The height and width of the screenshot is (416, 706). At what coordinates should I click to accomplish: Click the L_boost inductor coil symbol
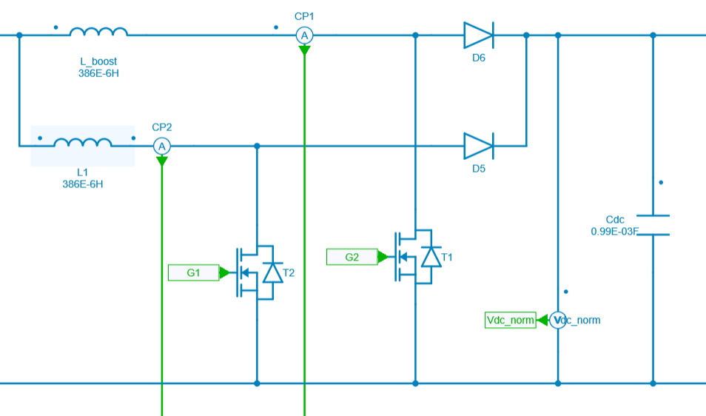tap(98, 33)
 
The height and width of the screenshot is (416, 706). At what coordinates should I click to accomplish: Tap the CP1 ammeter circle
tap(304, 35)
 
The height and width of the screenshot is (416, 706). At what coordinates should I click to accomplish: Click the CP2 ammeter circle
tap(162, 147)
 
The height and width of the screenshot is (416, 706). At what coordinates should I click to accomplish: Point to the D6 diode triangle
tap(478, 35)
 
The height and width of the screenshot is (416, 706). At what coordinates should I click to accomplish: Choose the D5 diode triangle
tap(478, 146)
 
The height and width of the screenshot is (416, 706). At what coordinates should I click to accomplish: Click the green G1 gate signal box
tap(194, 273)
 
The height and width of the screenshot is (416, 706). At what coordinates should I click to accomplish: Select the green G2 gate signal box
tap(352, 257)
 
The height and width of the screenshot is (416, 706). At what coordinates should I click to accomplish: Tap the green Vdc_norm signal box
tap(511, 320)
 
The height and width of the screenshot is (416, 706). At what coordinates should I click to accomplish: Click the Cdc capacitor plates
tap(653, 225)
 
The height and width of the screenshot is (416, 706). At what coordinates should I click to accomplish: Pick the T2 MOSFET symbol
tap(256, 273)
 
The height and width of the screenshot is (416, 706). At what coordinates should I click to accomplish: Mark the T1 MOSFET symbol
tap(414, 257)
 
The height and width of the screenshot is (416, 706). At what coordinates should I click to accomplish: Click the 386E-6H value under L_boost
tap(98, 73)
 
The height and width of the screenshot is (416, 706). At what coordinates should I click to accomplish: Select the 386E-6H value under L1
tap(83, 184)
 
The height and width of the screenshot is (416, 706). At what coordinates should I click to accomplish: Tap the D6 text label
tap(478, 58)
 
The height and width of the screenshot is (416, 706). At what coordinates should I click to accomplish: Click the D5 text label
tap(478, 169)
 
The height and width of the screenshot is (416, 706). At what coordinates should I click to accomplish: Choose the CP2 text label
tap(162, 127)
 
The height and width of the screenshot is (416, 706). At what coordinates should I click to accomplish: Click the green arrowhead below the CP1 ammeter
tap(304, 50)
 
